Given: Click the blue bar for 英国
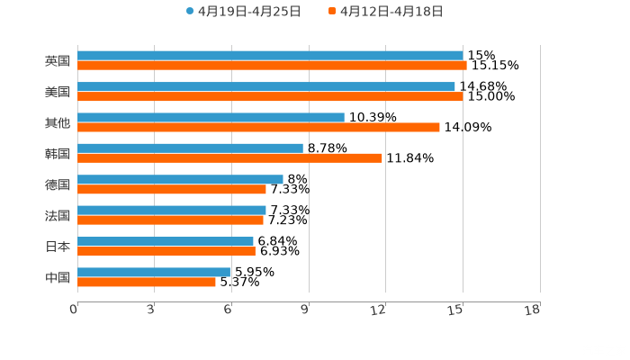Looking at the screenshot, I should point(270,56).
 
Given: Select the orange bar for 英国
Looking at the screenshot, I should point(272,66).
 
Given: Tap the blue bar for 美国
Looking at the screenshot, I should point(266,86).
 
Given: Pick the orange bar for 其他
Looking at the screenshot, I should point(258,127).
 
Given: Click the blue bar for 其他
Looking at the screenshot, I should point(211,117).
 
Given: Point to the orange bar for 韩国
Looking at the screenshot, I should point(229,158).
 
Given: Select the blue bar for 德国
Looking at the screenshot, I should point(180,179).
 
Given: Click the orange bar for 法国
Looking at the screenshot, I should point(170,220).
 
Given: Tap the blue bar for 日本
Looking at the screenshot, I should point(166,241).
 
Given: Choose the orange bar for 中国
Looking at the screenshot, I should point(147,282).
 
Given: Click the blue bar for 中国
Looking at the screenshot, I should point(154,272).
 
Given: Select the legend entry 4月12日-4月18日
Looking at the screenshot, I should point(391,12).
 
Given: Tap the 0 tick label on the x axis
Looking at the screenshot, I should point(74,310).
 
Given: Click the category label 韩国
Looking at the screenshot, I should point(58,154).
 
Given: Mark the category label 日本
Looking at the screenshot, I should point(58,247).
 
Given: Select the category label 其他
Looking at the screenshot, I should point(58,122).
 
